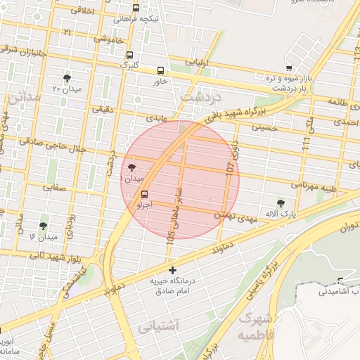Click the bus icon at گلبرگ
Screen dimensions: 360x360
point(129,55)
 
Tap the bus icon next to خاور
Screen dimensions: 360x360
point(161,70)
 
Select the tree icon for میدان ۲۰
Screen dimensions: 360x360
point(67,78)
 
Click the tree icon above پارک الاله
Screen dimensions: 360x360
point(281,202)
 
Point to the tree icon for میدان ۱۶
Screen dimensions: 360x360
point(44,226)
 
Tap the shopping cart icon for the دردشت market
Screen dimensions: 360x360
point(289,68)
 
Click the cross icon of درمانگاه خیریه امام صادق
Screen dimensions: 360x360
point(172,270)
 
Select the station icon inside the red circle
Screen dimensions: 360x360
point(145,194)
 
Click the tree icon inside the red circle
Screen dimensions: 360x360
point(132,167)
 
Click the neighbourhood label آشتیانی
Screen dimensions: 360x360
point(158,326)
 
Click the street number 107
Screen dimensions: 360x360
point(231,168)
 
